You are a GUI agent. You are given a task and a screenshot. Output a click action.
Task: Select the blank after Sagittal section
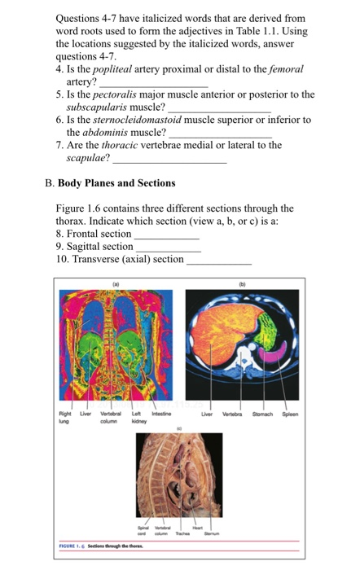[168, 246]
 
